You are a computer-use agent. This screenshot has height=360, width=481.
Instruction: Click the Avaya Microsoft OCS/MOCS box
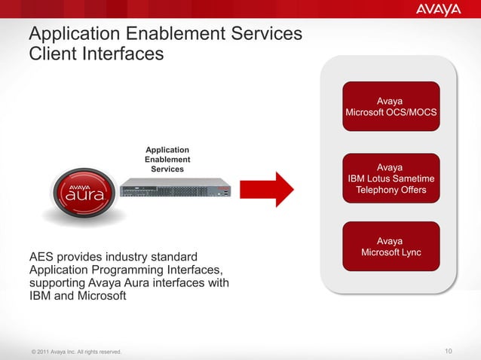click(x=390, y=107)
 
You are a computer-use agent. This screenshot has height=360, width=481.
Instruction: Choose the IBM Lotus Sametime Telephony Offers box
click(x=390, y=178)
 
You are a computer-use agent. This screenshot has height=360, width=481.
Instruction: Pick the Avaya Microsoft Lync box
click(x=390, y=246)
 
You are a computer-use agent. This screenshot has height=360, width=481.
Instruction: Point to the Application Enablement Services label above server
click(x=167, y=160)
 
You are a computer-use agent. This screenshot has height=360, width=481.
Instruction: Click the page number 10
click(x=450, y=351)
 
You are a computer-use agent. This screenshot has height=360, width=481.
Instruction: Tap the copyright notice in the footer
click(x=74, y=352)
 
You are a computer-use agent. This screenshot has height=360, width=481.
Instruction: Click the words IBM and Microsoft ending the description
click(x=78, y=296)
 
